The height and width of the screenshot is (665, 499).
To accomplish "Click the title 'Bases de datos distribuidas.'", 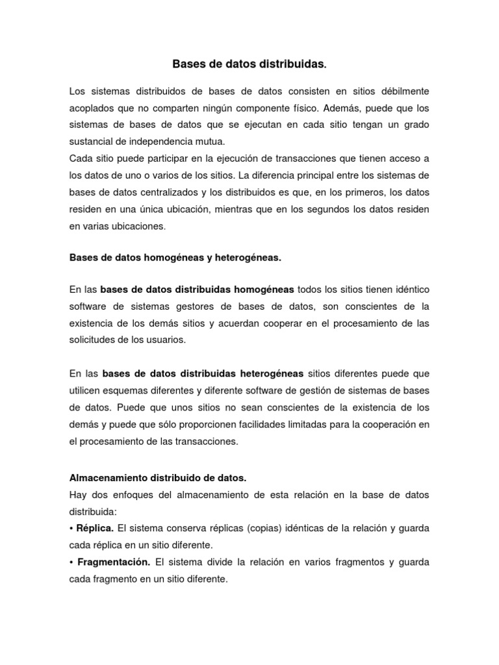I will point(249,64).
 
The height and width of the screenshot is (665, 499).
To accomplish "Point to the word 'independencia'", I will point(159,140).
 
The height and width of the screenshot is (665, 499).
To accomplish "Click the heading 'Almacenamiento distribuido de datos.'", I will point(158,477).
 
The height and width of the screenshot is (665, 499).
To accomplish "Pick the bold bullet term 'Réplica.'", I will point(96,528).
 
